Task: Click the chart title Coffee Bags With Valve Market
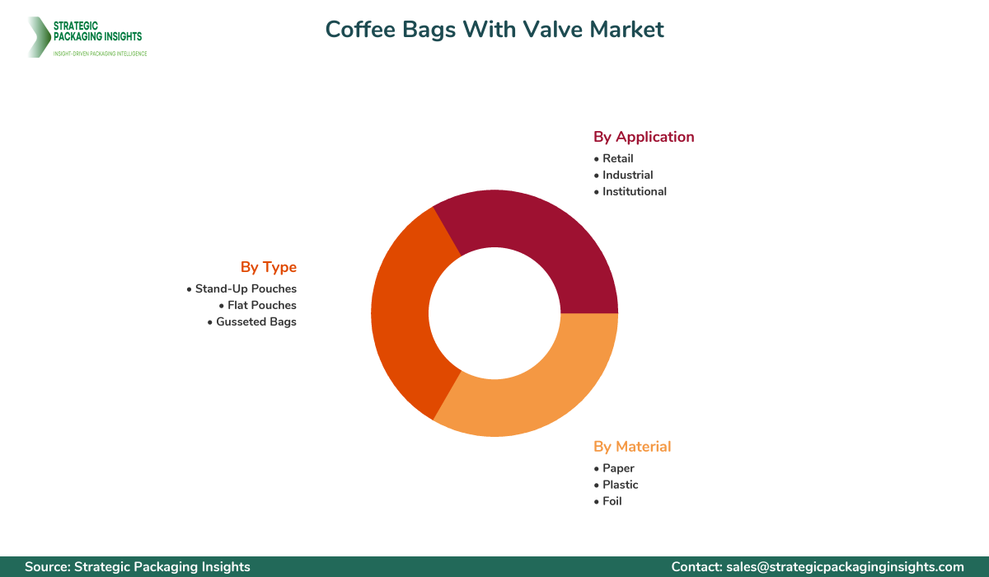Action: click(494, 29)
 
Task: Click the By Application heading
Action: click(644, 137)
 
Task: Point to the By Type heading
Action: click(269, 267)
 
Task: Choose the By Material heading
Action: click(632, 447)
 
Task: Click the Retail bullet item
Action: click(617, 158)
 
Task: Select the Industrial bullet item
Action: click(627, 175)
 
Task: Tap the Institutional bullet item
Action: click(634, 191)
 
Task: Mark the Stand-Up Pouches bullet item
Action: click(245, 288)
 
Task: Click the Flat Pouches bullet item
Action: click(261, 305)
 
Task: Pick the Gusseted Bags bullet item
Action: click(255, 321)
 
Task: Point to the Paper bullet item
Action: click(618, 468)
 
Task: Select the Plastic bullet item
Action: click(620, 485)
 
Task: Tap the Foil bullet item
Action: click(612, 501)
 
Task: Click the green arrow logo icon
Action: click(38, 37)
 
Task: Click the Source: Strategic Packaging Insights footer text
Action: click(138, 566)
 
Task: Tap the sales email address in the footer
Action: click(844, 566)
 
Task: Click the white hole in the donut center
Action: click(494, 313)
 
